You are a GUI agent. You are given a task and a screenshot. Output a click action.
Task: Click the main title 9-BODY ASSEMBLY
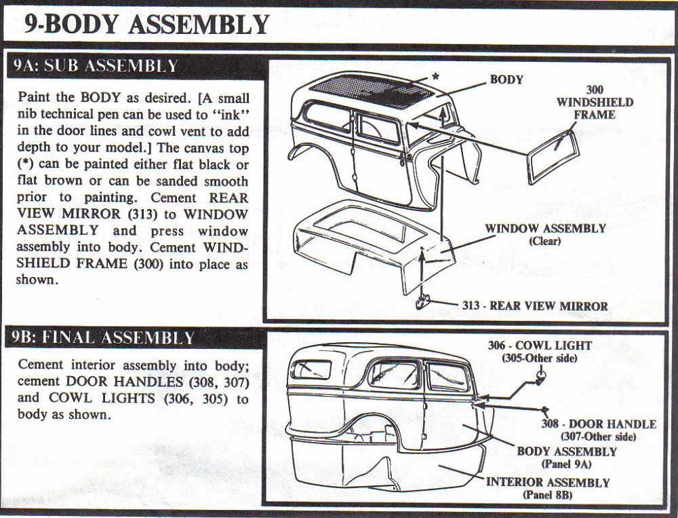click(x=146, y=24)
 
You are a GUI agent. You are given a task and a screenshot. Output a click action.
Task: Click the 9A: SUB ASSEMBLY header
click(x=95, y=66)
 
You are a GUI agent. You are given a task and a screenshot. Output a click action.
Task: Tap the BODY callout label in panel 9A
click(x=506, y=79)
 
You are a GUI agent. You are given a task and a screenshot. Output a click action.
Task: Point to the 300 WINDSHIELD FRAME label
click(x=595, y=102)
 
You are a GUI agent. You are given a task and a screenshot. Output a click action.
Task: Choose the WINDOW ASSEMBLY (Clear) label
click(x=544, y=234)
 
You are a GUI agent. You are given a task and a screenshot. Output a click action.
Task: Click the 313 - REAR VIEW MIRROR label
click(x=535, y=306)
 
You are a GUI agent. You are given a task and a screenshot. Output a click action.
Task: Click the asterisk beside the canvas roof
click(x=435, y=77)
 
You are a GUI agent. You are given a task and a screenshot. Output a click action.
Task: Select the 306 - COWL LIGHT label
click(x=539, y=351)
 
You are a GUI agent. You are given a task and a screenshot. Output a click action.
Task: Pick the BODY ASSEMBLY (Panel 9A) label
click(x=566, y=457)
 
